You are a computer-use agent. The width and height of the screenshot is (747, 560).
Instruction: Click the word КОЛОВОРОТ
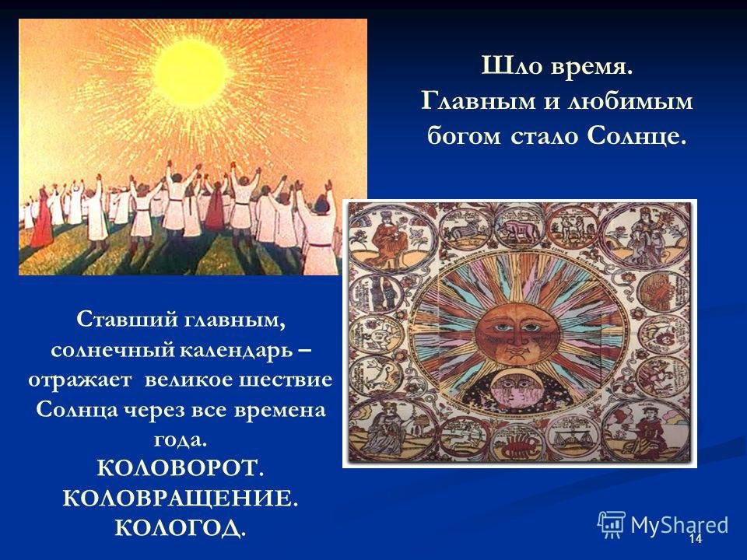tap(177, 468)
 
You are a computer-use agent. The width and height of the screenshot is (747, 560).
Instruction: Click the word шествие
tap(282, 380)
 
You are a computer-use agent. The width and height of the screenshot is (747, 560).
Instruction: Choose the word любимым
tap(630, 102)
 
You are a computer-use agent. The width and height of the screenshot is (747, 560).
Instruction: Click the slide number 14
tap(695, 539)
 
